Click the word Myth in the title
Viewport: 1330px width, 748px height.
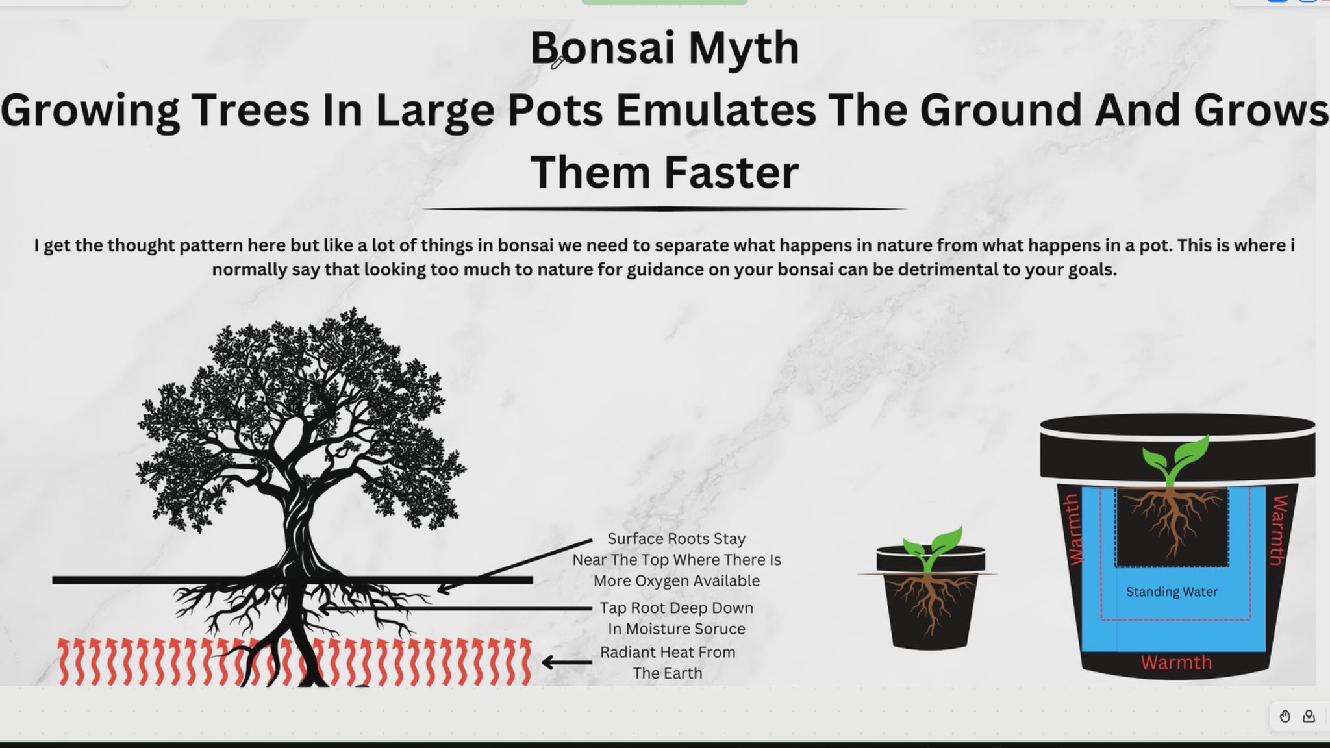point(744,49)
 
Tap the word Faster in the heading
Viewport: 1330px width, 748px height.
point(731,172)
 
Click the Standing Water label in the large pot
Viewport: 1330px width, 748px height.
point(1172,592)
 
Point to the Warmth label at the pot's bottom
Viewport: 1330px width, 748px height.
point(1176,662)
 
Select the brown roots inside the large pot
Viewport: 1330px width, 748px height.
point(1173,519)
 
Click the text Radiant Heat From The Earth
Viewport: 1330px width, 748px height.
point(668,662)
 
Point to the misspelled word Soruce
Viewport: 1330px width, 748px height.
point(718,629)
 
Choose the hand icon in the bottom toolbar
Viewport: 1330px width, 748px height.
point(1285,716)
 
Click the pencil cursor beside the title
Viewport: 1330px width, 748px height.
point(557,62)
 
